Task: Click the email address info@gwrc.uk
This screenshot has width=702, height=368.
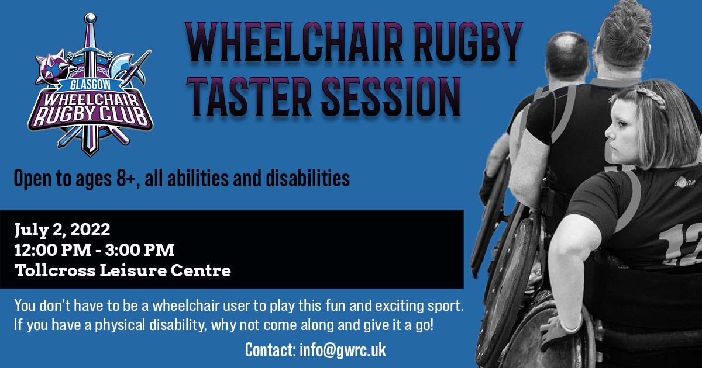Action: [x=342, y=350]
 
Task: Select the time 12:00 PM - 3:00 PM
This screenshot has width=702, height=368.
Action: [x=94, y=250]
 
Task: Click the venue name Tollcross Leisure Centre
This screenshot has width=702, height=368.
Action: [x=122, y=271]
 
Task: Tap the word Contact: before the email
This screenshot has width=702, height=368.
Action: [x=270, y=350]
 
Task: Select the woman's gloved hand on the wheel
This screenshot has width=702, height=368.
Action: [x=556, y=333]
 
